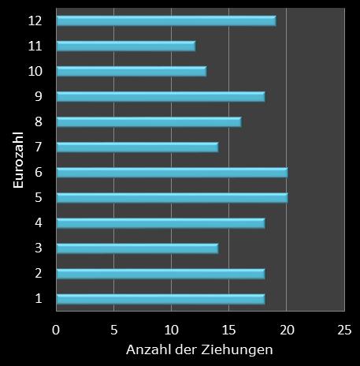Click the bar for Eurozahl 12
point(165,21)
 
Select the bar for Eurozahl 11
point(125,46)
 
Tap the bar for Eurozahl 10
point(131,71)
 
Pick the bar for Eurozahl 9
point(160,96)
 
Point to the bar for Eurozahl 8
point(148,121)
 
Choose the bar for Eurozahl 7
point(137,147)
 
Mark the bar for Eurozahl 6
point(172,172)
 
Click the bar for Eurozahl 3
point(137,248)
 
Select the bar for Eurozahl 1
point(160,298)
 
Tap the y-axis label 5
point(38,197)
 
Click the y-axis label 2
point(38,273)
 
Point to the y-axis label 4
point(38,222)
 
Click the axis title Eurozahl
point(17,160)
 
